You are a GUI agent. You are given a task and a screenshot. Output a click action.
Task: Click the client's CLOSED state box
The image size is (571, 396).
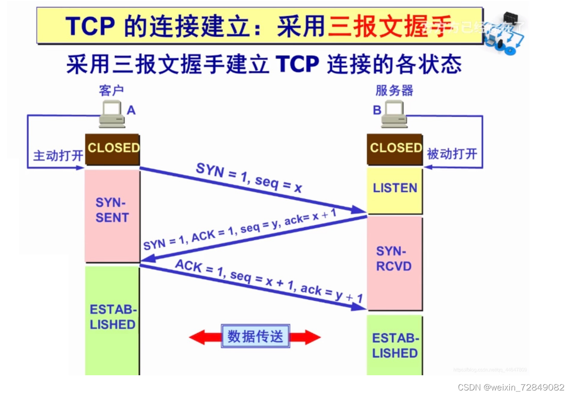coord(112,148)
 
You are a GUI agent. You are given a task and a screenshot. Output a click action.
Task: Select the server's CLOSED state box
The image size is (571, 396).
coord(395,148)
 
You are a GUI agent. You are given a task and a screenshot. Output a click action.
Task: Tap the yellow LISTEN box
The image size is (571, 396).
coord(395,189)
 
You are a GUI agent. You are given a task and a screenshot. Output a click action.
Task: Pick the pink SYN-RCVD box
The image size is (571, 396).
coord(394,259)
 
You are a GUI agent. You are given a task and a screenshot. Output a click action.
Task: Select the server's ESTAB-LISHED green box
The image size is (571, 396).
coord(394,346)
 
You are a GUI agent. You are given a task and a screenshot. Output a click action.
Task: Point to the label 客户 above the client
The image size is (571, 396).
coord(111,90)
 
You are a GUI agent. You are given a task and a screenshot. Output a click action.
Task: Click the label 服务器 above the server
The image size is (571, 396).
coord(394,90)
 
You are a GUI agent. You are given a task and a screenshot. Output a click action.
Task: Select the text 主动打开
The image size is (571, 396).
coord(58,156)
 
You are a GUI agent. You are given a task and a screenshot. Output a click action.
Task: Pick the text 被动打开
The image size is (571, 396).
coord(452,154)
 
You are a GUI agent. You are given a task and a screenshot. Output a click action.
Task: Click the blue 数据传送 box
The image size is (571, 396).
coord(255,337)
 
